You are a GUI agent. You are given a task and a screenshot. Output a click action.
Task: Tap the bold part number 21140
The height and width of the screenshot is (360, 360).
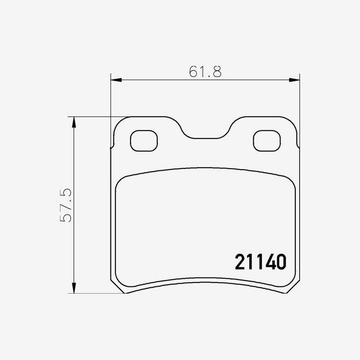click(x=260, y=262)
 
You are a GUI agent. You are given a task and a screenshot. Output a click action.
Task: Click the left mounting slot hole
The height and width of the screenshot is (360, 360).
click(x=144, y=141)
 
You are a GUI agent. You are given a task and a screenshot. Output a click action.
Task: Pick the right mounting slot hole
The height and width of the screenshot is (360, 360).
click(x=267, y=141)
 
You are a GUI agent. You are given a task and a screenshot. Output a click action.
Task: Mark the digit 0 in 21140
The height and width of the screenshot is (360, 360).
click(x=281, y=262)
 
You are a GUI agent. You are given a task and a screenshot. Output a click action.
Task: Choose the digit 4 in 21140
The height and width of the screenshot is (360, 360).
click(x=270, y=262)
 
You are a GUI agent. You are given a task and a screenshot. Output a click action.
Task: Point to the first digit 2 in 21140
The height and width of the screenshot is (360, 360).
click(x=240, y=262)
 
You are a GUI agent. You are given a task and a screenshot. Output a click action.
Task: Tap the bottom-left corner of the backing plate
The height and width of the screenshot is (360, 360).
click(x=125, y=292)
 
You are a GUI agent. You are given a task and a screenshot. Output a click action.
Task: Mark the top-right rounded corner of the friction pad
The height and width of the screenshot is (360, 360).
click(x=291, y=180)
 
